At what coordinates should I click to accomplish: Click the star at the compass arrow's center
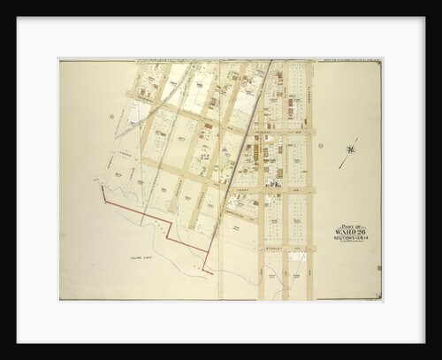coord(350,149)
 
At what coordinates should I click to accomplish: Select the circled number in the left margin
coord(112,117)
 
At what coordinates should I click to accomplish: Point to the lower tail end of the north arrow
coord(340,167)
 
